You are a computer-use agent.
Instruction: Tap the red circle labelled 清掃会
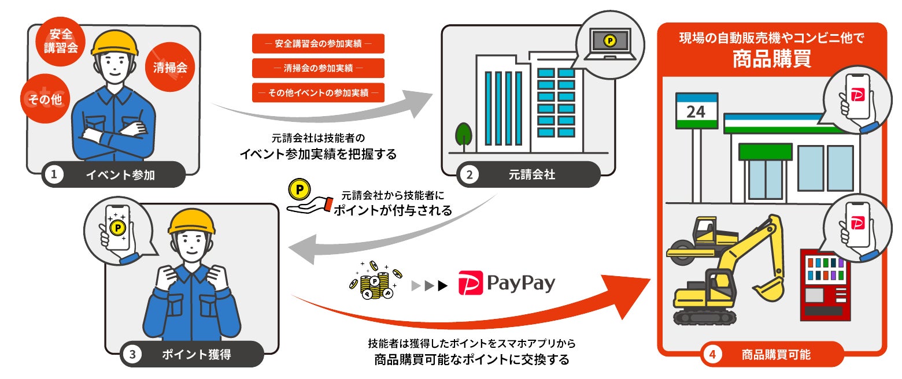pyautogui.click(x=170, y=68)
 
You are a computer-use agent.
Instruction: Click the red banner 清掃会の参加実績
pyautogui.click(x=318, y=68)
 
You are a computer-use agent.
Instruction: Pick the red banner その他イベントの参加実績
pyautogui.click(x=318, y=93)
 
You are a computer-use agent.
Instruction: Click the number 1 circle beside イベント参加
pyautogui.click(x=54, y=175)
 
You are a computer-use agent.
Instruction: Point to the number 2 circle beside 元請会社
pyautogui.click(x=469, y=174)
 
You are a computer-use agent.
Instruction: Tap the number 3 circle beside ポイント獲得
pyautogui.click(x=132, y=355)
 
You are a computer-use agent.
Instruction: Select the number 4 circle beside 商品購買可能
pyautogui.click(x=713, y=354)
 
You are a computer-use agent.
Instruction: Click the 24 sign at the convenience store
pyautogui.click(x=696, y=111)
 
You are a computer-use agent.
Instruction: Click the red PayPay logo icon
pyautogui.click(x=470, y=284)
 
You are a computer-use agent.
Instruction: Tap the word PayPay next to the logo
pyautogui.click(x=521, y=284)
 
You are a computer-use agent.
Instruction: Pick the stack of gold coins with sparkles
pyautogui.click(x=372, y=281)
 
